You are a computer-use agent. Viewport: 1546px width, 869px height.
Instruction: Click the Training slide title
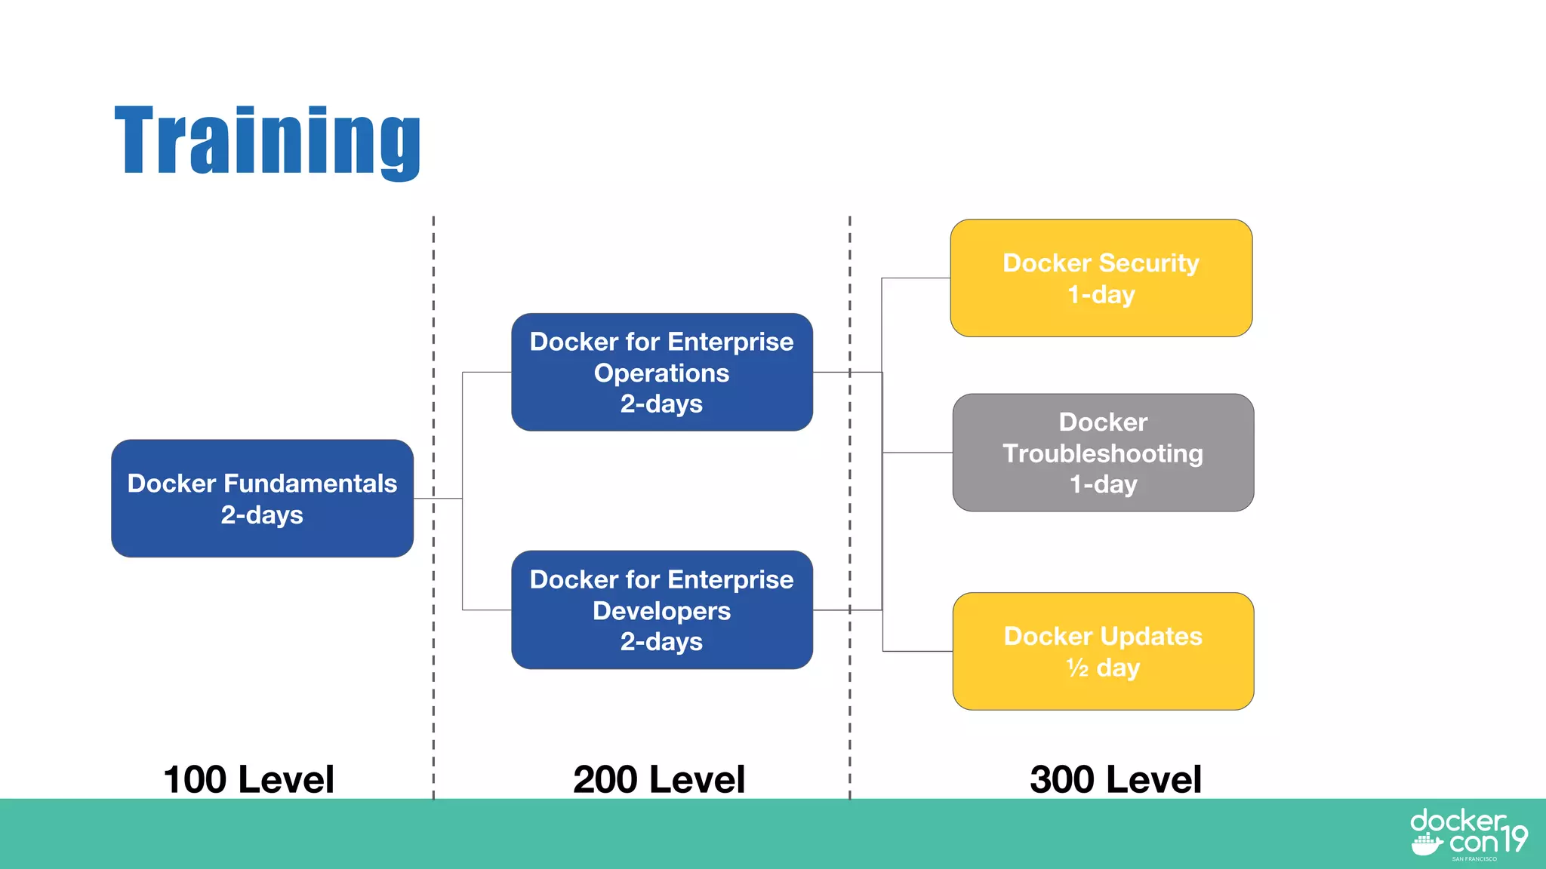[x=267, y=141]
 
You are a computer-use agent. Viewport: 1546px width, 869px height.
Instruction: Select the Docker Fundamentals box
[x=262, y=499]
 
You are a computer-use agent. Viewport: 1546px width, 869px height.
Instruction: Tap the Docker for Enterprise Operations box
[x=661, y=373]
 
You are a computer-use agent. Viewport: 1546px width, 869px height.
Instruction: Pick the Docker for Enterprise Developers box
[x=661, y=610]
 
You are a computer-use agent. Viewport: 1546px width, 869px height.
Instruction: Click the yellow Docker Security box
[x=1101, y=278]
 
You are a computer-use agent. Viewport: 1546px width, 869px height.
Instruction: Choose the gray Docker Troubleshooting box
[x=1103, y=453]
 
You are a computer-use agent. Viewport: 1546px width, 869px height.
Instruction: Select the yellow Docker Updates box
[x=1103, y=651]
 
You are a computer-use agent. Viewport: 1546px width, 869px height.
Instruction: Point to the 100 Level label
[x=248, y=779]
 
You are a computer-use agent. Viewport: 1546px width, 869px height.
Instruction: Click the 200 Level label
[x=658, y=779]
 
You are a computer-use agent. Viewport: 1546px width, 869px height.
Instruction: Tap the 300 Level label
[x=1115, y=779]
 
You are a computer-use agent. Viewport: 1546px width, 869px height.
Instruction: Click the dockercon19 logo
[x=1468, y=834]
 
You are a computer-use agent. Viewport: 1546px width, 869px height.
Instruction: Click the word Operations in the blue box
[x=661, y=373]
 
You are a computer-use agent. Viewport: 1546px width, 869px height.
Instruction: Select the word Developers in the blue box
[x=661, y=610]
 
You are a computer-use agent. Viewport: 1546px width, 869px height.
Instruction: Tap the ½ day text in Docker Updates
[x=1103, y=668]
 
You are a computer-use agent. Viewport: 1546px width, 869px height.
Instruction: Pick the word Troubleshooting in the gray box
[x=1103, y=453]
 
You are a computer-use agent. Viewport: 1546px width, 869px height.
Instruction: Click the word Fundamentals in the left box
[x=310, y=483]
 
